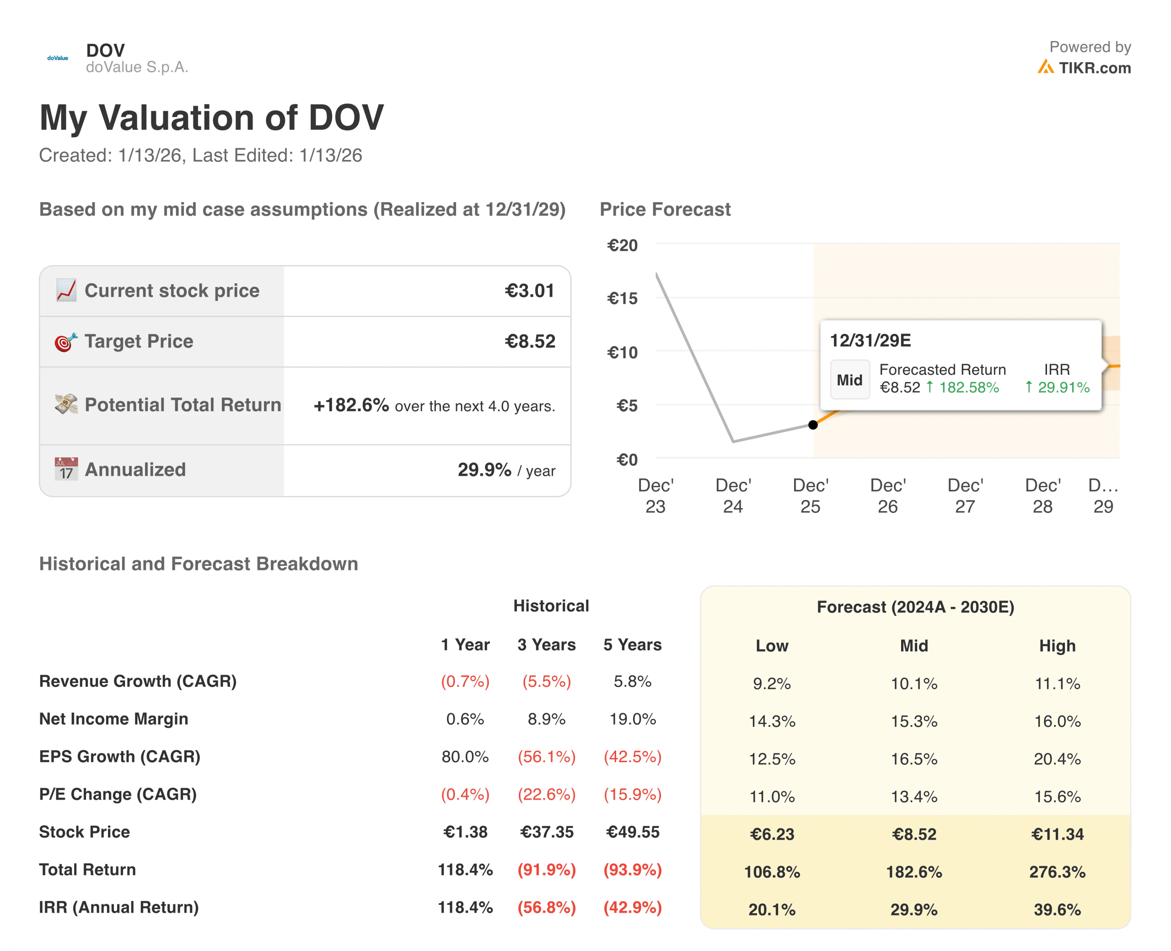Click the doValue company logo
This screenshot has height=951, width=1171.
coord(58,58)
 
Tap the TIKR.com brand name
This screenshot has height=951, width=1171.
coord(1094,68)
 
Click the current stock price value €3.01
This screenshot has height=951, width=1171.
coord(529,290)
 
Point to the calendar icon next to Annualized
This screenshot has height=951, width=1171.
coord(66,469)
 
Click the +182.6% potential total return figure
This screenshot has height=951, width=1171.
coord(351,405)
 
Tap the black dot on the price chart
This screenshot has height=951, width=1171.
coord(813,424)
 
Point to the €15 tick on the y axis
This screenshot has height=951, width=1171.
coord(622,299)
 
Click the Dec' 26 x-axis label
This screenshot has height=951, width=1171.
coord(887,496)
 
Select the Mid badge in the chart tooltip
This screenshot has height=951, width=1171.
coord(849,380)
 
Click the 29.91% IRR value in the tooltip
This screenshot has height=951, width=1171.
coord(1063,387)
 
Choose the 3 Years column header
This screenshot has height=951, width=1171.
coord(546,645)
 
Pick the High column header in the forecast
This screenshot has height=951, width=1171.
coord(1057,646)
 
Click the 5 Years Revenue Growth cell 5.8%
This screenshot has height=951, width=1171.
coord(632,682)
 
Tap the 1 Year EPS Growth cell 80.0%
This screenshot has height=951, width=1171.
coord(465,757)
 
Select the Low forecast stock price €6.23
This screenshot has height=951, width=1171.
coord(772,834)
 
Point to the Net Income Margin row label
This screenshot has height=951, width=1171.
coord(113,719)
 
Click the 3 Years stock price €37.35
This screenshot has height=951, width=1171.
coord(546,832)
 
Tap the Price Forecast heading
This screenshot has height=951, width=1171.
coord(665,209)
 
